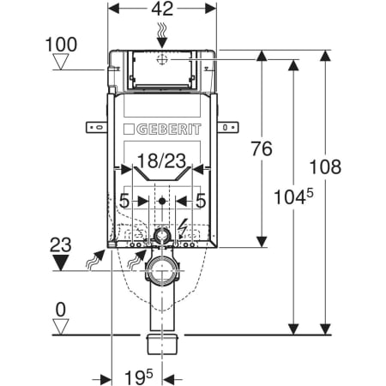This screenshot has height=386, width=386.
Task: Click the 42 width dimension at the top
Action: [163, 11]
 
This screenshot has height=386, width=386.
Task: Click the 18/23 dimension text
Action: [162, 160]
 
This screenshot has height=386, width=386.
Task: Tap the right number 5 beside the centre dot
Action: [201, 201]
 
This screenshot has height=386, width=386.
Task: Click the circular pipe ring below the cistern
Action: [161, 274]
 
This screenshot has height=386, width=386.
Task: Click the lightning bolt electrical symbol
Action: [183, 228]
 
